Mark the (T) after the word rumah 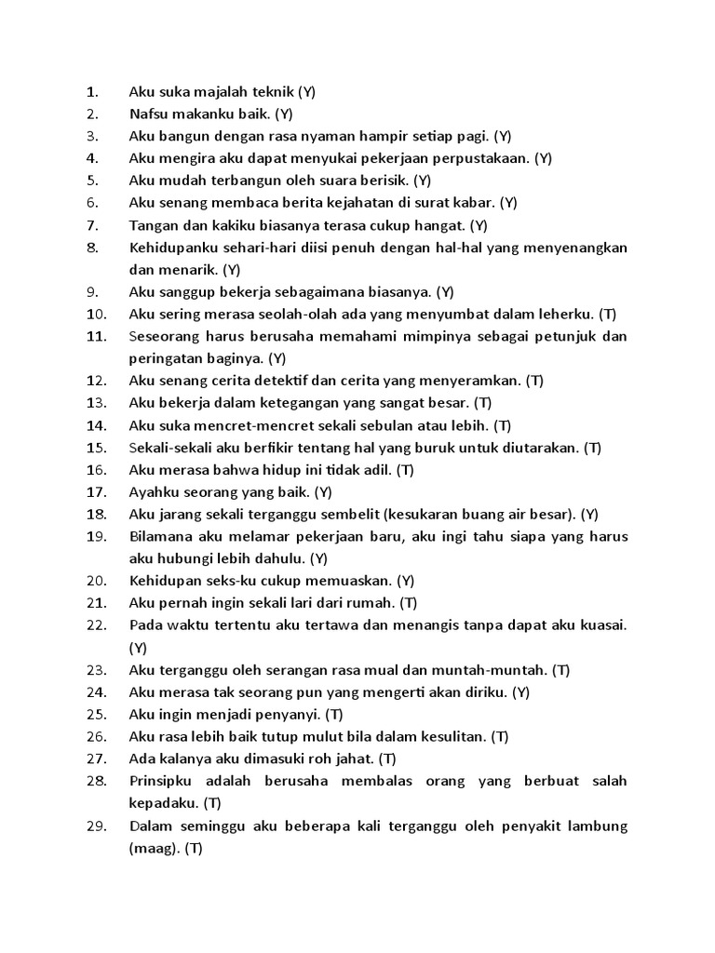pyautogui.click(x=407, y=603)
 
